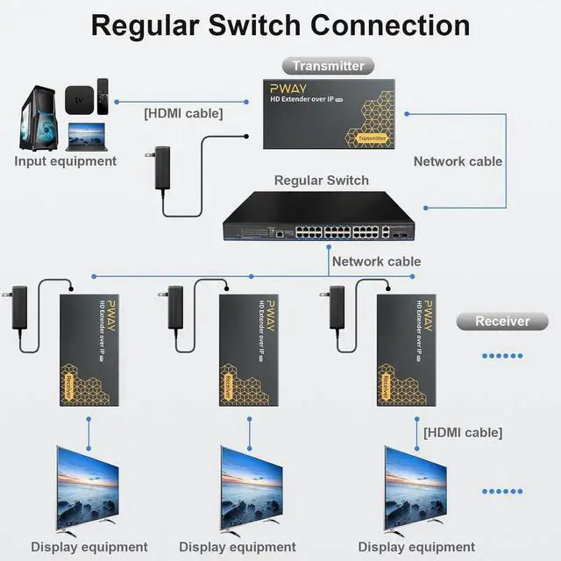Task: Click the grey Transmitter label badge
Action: click(328, 66)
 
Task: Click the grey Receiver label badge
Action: click(502, 321)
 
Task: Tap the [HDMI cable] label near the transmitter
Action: click(183, 112)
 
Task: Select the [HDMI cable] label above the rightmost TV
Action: click(463, 432)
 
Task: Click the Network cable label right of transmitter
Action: click(458, 161)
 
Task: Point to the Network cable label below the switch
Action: click(376, 261)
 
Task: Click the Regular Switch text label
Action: click(322, 181)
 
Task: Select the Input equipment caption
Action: click(66, 161)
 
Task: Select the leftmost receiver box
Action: click(88, 348)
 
